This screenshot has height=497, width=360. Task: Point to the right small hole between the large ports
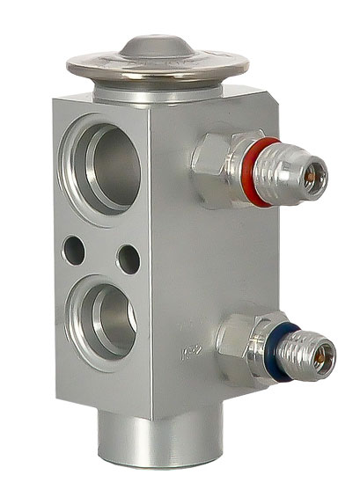pyautogui.click(x=129, y=258)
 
